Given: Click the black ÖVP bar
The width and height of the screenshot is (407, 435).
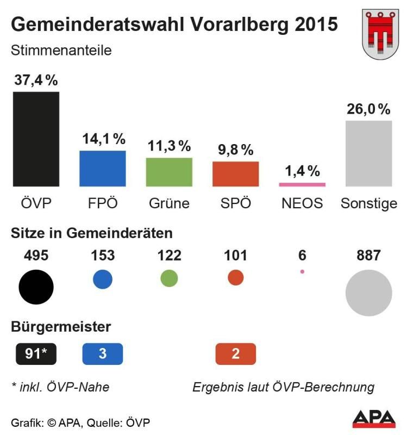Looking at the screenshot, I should tap(36, 139).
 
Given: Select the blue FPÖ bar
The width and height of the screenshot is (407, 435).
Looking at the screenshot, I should tap(103, 169).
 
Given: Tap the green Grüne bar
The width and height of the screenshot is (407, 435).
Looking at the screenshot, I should tap(169, 172).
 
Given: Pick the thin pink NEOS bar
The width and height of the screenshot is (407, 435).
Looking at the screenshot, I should tap(302, 185).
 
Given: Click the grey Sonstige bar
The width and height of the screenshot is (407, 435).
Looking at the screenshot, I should tap(368, 153).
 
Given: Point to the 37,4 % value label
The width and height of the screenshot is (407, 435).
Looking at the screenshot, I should tap(36, 80).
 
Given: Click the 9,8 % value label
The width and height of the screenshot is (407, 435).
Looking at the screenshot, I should tap(235, 149).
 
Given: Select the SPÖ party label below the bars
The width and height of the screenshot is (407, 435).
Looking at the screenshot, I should tap(236, 203).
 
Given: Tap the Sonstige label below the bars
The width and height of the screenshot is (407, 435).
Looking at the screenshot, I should tap(369, 203).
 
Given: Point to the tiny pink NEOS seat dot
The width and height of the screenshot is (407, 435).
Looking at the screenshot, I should tap(302, 271).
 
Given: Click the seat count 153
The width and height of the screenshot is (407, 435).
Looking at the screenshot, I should tap(103, 255).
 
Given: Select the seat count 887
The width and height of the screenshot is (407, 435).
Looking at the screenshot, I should tap(368, 255).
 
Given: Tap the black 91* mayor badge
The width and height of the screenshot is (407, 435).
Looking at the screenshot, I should tap(36, 354).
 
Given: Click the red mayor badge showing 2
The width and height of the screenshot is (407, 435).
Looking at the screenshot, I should tap(235, 354).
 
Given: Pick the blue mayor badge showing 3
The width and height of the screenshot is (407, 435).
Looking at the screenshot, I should tap(103, 354).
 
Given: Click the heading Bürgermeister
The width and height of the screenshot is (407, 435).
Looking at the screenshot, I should tap(61, 327).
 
